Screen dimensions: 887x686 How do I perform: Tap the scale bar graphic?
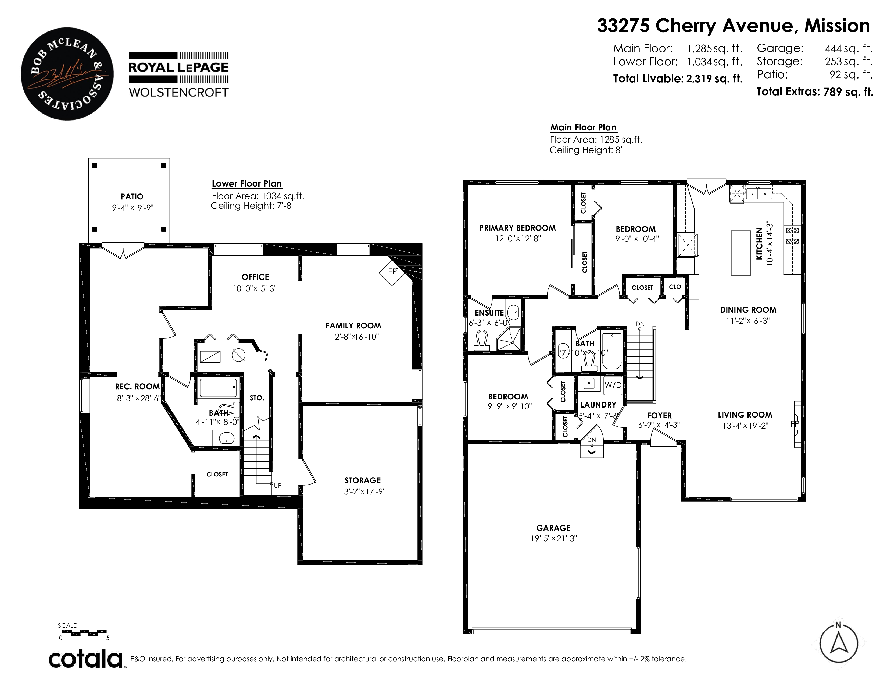84,632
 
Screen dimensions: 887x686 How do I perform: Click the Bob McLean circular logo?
67,74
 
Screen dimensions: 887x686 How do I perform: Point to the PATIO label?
132,197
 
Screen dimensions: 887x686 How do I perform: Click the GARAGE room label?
553,528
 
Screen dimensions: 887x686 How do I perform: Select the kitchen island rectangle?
741,253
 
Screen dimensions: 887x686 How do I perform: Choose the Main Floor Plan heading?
584,128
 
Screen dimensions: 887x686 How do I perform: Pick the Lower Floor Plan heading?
247,184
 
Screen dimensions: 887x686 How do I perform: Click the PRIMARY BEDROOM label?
517,228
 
